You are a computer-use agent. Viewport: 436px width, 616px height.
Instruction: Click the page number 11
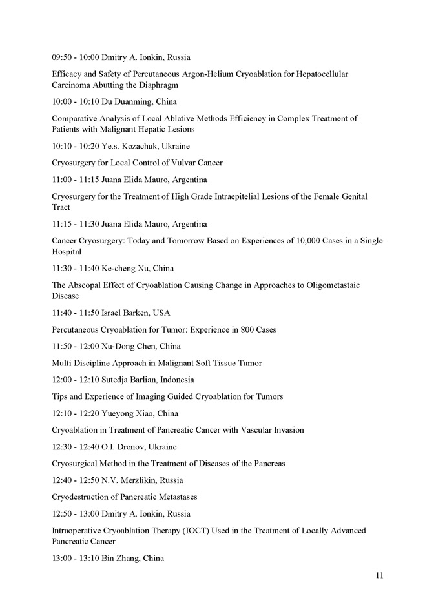click(x=379, y=575)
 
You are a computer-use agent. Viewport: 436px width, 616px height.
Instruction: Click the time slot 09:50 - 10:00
click(x=75, y=57)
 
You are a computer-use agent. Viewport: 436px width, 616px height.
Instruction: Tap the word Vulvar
click(x=174, y=163)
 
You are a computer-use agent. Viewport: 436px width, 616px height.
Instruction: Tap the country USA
click(x=161, y=313)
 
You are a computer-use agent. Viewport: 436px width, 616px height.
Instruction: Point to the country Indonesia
click(x=174, y=380)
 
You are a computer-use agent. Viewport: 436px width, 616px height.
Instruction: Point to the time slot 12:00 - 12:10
click(x=75, y=380)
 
